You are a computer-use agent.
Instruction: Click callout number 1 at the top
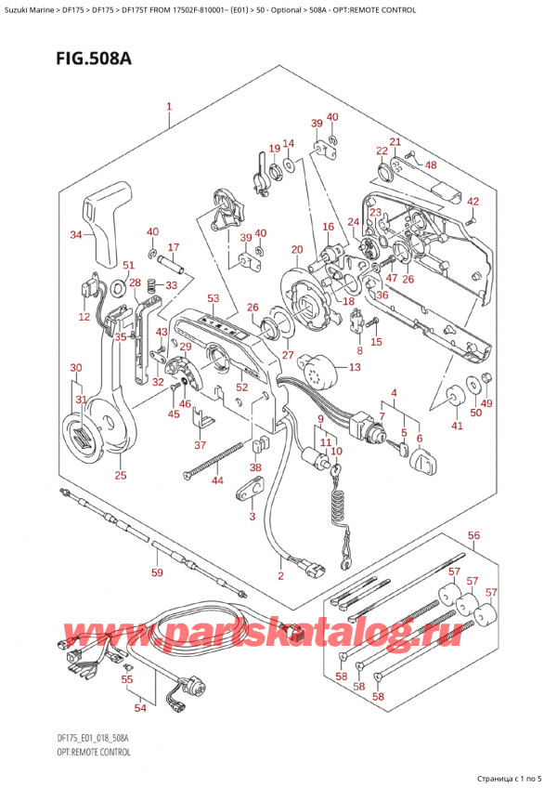(x=169, y=107)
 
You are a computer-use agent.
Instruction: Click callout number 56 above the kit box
(x=473, y=536)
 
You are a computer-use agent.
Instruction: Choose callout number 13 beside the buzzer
(x=354, y=368)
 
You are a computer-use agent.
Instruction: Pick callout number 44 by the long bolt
(x=216, y=480)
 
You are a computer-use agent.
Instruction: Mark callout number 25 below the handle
(x=120, y=476)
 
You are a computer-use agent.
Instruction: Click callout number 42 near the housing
(x=473, y=202)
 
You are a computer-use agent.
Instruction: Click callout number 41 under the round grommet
(x=456, y=426)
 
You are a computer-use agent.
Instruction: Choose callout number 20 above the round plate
(x=296, y=249)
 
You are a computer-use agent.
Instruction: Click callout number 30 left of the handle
(x=76, y=369)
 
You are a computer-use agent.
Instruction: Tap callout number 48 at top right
(x=430, y=165)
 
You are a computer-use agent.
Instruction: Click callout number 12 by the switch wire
(x=84, y=317)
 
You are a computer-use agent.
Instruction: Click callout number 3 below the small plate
(x=251, y=516)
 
